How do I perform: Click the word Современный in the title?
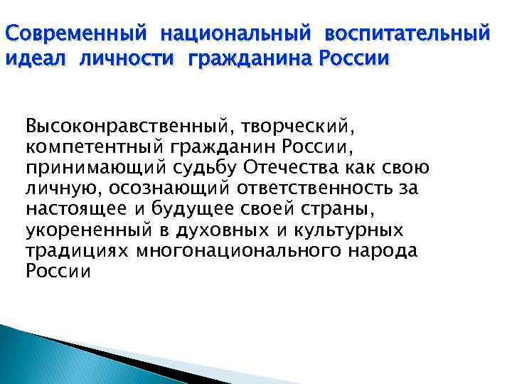pyautogui.click(x=76, y=34)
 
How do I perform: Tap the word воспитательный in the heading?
pyautogui.click(x=408, y=34)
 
